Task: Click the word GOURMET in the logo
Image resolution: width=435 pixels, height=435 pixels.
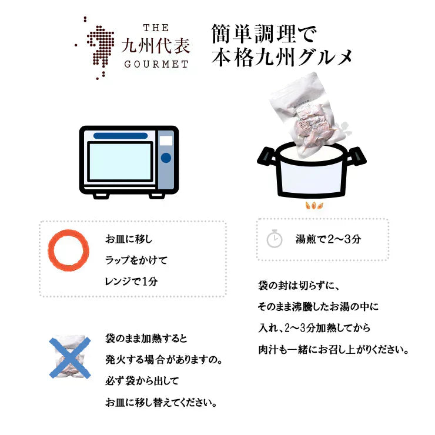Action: pos(156,64)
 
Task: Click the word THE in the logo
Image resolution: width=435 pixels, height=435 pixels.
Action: pos(156,28)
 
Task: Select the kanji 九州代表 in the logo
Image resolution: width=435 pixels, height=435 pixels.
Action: pos(156,46)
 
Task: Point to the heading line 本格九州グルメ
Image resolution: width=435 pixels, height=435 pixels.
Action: pos(282,58)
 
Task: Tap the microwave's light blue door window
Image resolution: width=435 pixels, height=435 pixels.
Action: pos(121,161)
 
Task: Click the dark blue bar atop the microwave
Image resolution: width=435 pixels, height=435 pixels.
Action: pos(121,136)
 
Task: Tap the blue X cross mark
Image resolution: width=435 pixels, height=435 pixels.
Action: pos(69,357)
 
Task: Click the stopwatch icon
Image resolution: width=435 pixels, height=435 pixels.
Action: pos(275,239)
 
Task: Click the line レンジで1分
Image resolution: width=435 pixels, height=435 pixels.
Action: pos(132,281)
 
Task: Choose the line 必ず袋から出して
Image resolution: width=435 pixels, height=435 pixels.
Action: pos(141,381)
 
